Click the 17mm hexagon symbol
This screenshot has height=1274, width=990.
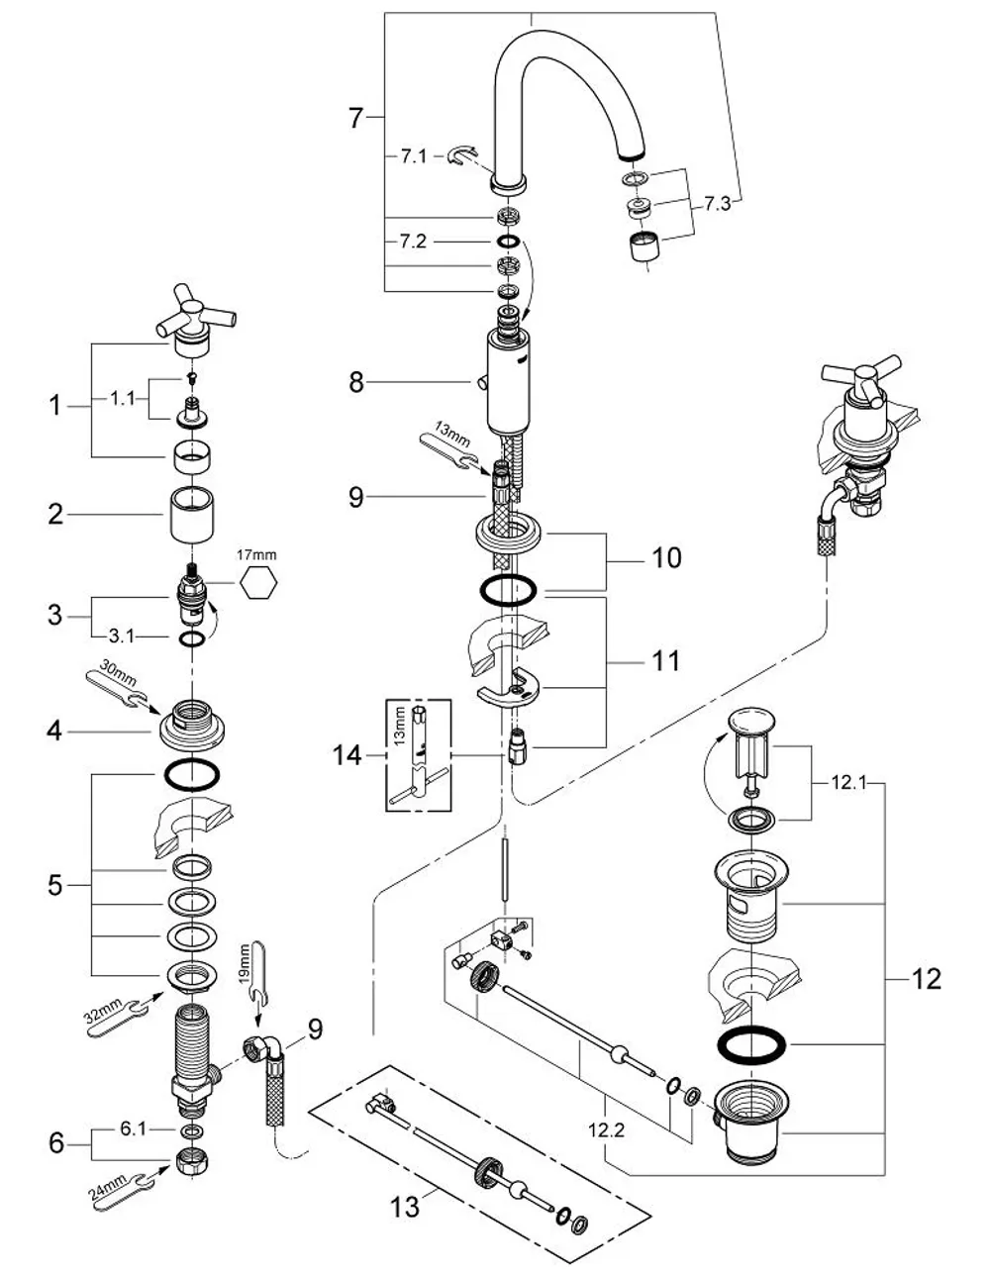[x=258, y=582]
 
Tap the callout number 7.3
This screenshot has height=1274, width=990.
[x=717, y=204]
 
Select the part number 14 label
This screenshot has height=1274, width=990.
[x=346, y=755]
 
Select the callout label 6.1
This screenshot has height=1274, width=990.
[x=133, y=1128]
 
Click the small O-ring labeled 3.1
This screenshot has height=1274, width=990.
[x=192, y=639]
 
